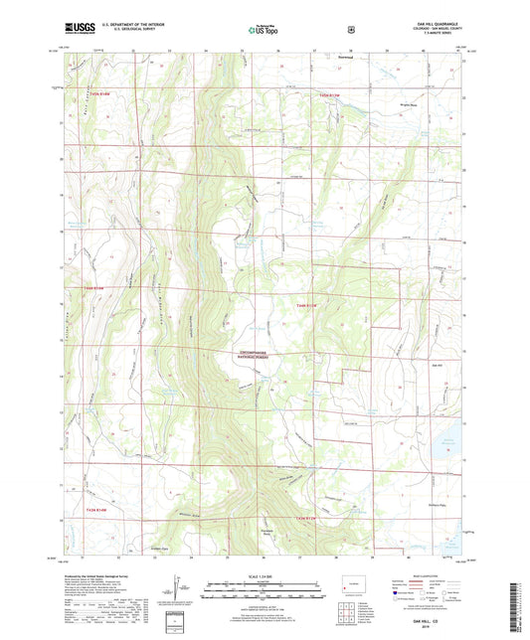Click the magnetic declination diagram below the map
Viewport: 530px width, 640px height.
click(x=178, y=596)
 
